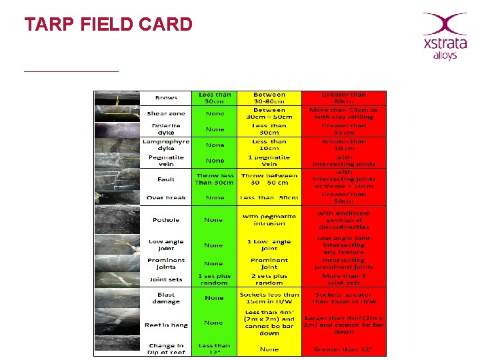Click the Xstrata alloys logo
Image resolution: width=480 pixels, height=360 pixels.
tap(444, 36)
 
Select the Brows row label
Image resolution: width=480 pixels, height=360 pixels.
tap(166, 98)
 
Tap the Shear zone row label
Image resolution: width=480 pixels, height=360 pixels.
tap(166, 113)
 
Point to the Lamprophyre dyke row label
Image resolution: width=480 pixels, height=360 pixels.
tap(166, 145)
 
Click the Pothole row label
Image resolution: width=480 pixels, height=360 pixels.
tap(166, 219)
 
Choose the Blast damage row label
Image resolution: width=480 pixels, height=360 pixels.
tap(166, 297)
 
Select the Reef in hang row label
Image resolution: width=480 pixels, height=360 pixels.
tap(166, 325)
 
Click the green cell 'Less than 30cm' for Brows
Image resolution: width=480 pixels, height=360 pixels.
tap(215, 98)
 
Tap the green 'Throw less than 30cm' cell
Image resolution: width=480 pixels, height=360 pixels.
tap(215, 179)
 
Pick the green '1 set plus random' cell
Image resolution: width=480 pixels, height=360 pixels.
tap(215, 279)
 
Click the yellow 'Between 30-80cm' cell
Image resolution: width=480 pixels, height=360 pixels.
tap(269, 98)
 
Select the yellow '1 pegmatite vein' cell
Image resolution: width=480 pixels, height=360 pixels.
tap(269, 161)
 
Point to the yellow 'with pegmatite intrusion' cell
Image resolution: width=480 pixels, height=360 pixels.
tap(269, 219)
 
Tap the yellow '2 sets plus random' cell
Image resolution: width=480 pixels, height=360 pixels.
tap(269, 279)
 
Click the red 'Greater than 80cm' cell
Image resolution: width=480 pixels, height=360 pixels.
tap(344, 98)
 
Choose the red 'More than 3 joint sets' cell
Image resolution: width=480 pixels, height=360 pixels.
tap(344, 279)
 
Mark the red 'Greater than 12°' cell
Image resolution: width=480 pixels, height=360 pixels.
tap(344, 348)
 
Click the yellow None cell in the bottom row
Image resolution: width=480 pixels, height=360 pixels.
tap(269, 348)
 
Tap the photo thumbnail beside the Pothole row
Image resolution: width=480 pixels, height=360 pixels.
tap(117, 219)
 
